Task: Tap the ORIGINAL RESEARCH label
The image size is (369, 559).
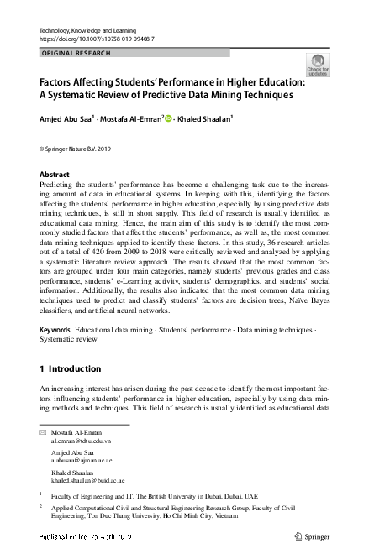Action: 76,53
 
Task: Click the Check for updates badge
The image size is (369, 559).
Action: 318,65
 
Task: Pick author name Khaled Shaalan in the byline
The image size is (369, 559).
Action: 205,118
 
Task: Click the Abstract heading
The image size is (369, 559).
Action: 55,175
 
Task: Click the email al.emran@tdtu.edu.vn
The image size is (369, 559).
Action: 82,440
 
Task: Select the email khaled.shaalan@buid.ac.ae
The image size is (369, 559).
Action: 87,481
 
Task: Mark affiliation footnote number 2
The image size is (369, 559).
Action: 43,508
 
